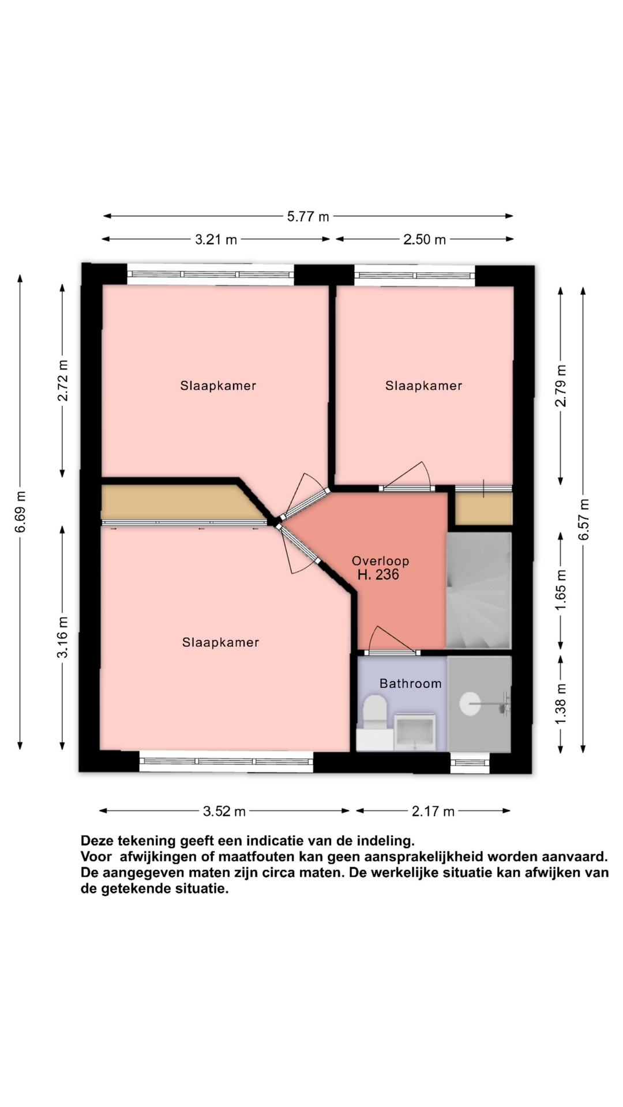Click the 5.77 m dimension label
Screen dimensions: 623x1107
coord(308,217)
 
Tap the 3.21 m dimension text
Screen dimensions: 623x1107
coord(216,240)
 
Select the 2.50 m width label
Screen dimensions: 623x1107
coord(425,240)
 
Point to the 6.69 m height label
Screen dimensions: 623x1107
coord(20,512)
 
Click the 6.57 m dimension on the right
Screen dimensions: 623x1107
coord(584,519)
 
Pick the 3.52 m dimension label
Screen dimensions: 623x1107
coord(224,812)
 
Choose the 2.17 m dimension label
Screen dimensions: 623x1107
coord(433,812)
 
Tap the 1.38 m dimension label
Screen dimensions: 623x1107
coord(561,703)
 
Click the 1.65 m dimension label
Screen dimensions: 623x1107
coord(561,589)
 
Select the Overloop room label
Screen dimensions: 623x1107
coord(381,561)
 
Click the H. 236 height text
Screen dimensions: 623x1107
coord(378,575)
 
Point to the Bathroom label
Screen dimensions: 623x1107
coord(411,684)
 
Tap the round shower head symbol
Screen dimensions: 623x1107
coord(470,704)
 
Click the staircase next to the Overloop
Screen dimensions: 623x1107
coord(479,590)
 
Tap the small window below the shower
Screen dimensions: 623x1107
coord(470,763)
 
